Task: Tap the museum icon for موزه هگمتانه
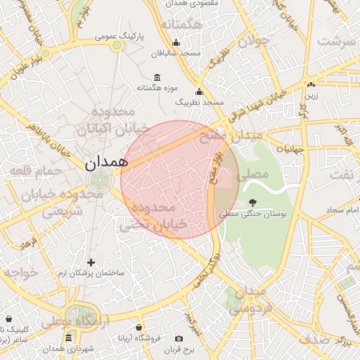pos(156,77)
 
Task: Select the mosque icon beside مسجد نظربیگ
pos(199,91)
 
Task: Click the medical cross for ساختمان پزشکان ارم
pos(91,262)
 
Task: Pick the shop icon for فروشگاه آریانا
pos(139,328)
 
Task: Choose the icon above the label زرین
pos(310,84)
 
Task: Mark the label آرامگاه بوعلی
pos(64,322)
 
